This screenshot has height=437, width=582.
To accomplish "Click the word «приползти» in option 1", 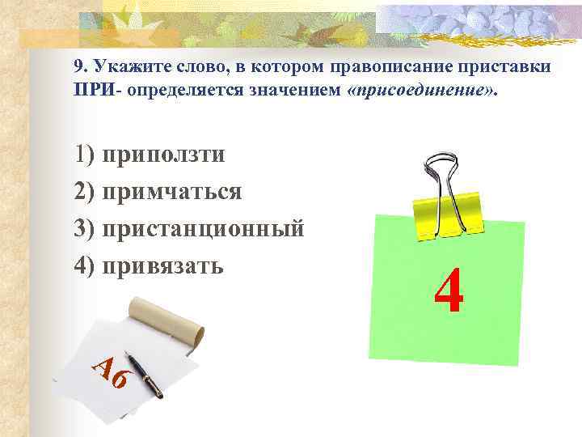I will (164, 155).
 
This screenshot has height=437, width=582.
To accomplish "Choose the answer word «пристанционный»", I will (204, 228).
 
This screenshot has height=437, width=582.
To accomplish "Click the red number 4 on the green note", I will (449, 293).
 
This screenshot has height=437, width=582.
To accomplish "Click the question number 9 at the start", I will (78, 67).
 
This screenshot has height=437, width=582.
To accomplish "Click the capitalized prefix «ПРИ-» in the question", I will (91, 90).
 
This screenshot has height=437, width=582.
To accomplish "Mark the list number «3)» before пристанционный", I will (85, 228).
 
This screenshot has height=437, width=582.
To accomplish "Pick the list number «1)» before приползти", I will (85, 155).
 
